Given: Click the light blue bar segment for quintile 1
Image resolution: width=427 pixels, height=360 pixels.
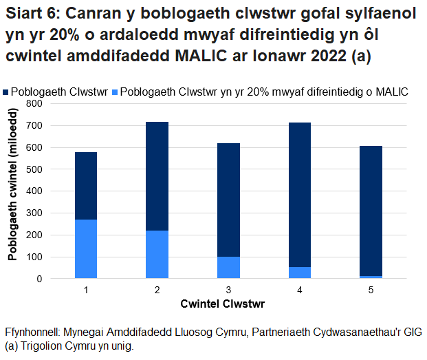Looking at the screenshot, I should pos(86,248).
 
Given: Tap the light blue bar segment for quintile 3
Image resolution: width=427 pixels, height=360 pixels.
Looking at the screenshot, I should pos(228,267).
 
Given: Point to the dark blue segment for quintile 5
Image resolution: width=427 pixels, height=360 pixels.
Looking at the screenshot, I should pos(371,211).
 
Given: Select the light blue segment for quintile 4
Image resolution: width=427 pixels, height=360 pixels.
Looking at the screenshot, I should pos(300,273).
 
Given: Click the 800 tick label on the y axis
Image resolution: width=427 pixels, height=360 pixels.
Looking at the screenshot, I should pos(34,103).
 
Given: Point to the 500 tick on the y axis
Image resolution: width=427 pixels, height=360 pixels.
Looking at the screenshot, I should pos(34,169).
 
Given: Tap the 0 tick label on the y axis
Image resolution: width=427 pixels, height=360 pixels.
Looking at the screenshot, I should pos(40,279).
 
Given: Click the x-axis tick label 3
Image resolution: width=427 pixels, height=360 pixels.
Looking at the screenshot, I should pos(228,290).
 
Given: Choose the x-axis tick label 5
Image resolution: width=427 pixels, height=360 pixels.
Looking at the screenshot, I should pos(371,290).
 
